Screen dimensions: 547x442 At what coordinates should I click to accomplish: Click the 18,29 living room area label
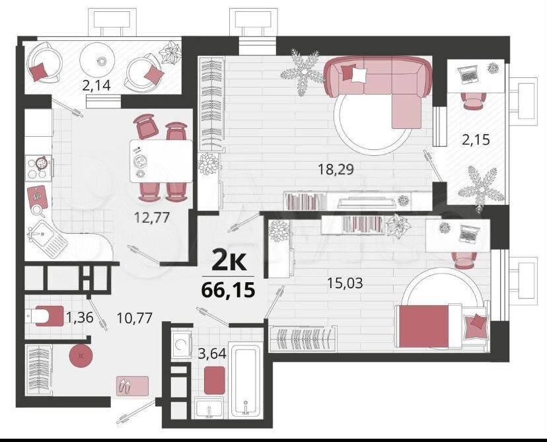point(336,170)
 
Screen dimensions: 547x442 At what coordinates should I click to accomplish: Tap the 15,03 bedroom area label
point(345,283)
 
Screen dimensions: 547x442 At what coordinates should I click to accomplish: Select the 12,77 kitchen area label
point(152,217)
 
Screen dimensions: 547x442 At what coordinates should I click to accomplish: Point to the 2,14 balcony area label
point(96,85)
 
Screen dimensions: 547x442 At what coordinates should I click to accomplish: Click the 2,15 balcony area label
point(476,140)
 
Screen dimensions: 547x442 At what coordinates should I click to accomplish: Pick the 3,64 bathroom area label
point(212,353)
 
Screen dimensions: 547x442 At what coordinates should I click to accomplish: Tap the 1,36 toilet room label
point(79,317)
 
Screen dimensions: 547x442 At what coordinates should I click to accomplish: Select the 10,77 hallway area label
point(135,318)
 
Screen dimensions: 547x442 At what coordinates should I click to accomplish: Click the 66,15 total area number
point(228,290)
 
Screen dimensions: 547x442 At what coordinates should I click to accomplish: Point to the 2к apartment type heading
point(229,261)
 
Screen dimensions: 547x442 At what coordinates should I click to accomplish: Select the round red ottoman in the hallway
point(81,356)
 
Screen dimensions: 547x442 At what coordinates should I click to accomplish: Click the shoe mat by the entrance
point(132,386)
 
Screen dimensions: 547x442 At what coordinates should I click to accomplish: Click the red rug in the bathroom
point(214,381)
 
